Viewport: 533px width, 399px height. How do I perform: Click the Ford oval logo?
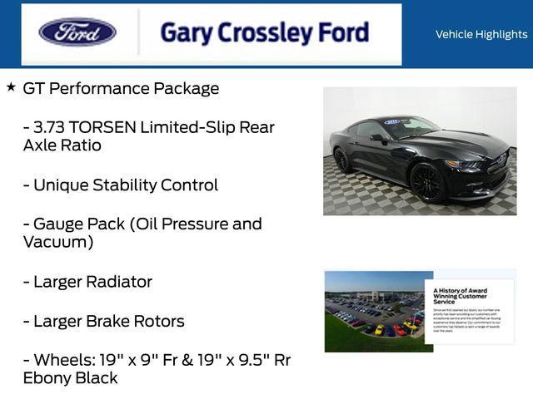point(77,32)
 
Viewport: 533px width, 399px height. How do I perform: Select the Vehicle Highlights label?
point(481,34)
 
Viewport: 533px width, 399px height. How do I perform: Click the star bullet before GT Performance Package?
point(11,86)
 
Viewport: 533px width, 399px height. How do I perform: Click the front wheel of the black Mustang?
point(426,181)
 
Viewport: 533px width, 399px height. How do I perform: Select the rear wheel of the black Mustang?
point(342,159)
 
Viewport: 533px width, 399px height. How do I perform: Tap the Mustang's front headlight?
point(466,164)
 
